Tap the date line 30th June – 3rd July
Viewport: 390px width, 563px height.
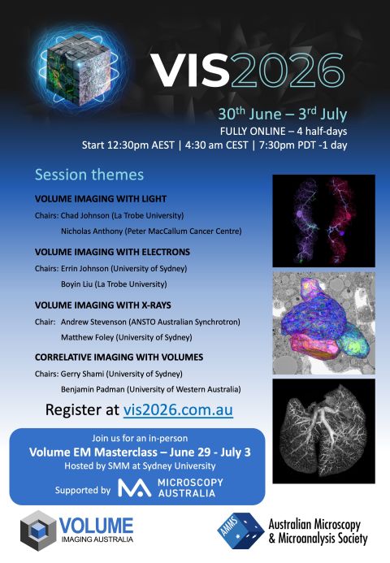click(291, 113)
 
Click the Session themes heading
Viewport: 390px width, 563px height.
click(89, 175)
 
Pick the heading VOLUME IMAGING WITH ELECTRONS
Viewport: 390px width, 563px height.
click(112, 252)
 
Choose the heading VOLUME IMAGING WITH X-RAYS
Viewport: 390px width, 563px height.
click(100, 305)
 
